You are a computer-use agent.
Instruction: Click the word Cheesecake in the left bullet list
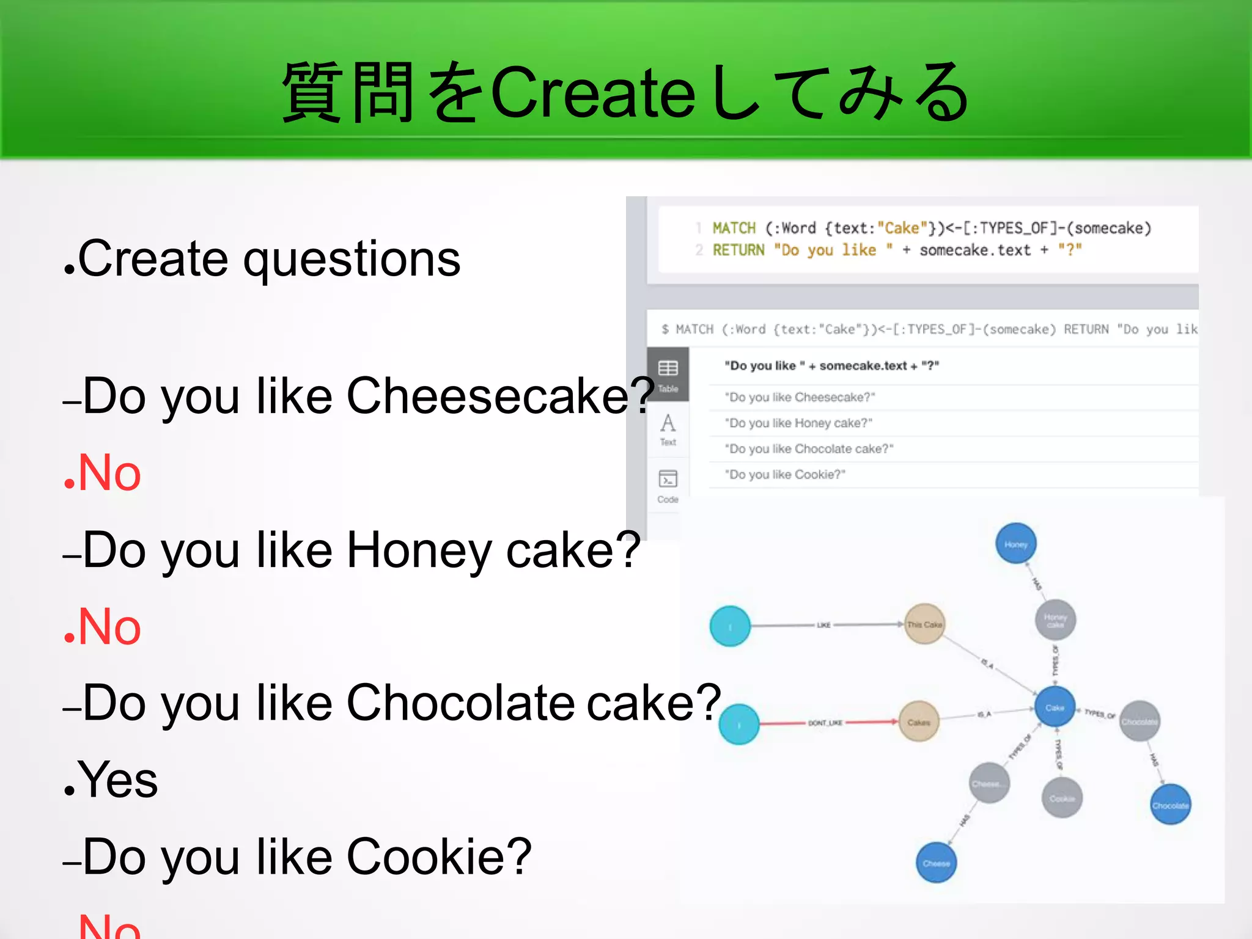487,396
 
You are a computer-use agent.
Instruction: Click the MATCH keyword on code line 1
734,228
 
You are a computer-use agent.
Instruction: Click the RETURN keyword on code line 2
738,250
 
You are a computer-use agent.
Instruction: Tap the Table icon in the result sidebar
668,373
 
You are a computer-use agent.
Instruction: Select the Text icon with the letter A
668,428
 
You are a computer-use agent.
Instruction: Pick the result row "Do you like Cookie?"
785,475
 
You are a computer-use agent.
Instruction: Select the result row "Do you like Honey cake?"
798,423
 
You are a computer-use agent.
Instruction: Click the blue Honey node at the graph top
1015,544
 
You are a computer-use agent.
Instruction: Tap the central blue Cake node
1055,707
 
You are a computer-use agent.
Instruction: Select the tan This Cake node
924,624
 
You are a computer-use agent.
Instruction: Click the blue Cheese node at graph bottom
936,863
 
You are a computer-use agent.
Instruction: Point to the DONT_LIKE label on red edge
825,723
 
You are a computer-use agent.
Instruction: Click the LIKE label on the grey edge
823,625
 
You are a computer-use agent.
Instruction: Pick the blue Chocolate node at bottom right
1170,805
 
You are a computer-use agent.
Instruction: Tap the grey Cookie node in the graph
1062,798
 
